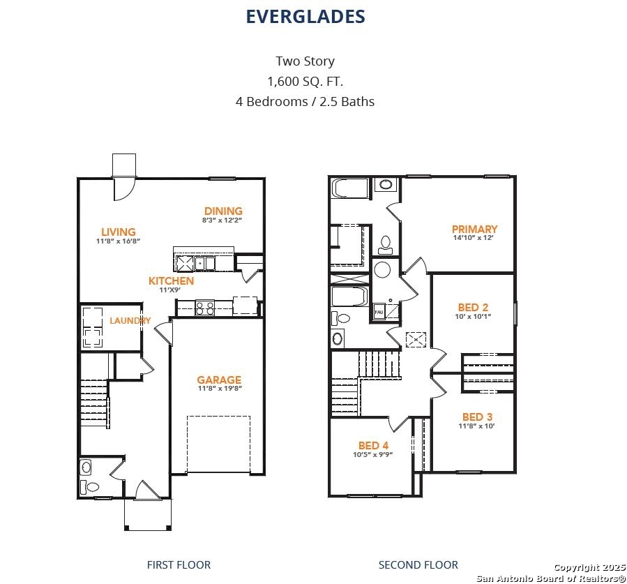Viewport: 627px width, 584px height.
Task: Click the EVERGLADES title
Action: pos(305,17)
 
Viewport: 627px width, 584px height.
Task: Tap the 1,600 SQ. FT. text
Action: pos(305,81)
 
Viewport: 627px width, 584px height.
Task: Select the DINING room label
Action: pos(223,211)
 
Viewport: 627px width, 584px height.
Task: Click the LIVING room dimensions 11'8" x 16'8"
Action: pos(118,241)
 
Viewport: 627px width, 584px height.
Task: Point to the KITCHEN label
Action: pos(171,280)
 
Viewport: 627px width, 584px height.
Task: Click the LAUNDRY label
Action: pos(130,320)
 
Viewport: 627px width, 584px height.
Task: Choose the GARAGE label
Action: pos(219,380)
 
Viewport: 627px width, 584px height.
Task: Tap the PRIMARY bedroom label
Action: pos(475,229)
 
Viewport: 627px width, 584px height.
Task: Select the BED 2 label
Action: pos(473,307)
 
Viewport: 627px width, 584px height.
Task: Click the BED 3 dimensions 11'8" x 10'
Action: pos(476,426)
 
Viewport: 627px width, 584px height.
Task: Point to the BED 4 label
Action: pos(374,445)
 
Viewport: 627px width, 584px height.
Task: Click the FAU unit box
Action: pos(379,312)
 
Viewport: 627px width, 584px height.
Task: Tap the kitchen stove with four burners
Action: pos(205,308)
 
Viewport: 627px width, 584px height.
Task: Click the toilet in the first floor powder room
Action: pos(89,487)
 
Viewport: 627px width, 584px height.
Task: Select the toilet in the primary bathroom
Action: pos(386,245)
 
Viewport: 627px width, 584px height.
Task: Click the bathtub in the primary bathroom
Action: pos(350,188)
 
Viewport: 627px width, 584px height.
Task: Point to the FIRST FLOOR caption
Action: pos(179,564)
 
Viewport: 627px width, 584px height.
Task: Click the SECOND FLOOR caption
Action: pos(418,564)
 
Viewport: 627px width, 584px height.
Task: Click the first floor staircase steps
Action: pos(94,403)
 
